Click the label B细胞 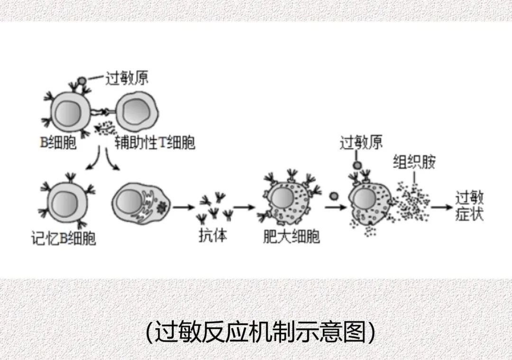(x=58, y=142)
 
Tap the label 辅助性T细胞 (x=155, y=142)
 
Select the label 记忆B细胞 (x=63, y=238)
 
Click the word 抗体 (x=212, y=235)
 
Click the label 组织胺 (x=413, y=162)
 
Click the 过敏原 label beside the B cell (x=127, y=78)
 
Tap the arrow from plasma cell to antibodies (x=184, y=207)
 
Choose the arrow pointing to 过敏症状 (x=440, y=207)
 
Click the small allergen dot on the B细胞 (x=82, y=81)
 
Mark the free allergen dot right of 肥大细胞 (x=333, y=196)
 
